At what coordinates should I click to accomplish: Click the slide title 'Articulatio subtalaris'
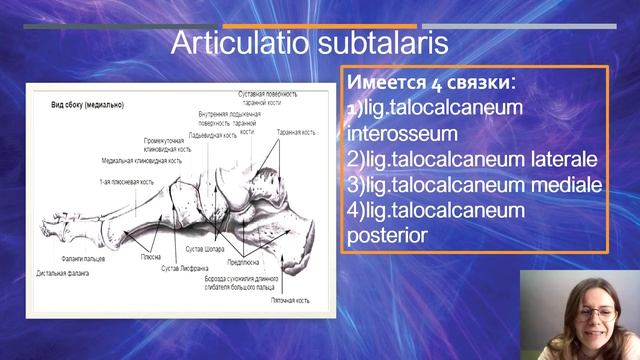[308, 44]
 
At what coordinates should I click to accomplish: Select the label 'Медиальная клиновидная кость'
[141, 160]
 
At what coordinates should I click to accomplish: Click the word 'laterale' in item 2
[564, 159]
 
